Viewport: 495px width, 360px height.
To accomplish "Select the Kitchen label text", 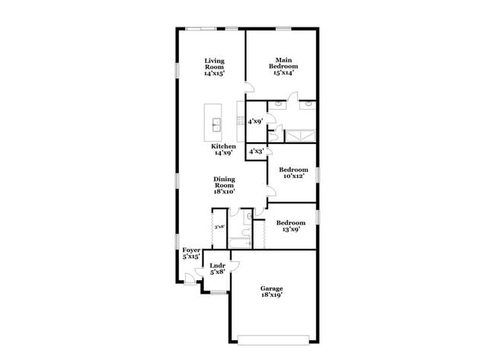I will coord(223,146).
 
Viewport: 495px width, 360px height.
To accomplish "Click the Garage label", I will coord(272,288).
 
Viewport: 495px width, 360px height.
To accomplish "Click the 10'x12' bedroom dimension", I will coord(293,177).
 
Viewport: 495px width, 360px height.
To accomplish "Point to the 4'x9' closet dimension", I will coord(256,121).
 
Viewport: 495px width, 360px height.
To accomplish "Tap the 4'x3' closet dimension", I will coord(256,152).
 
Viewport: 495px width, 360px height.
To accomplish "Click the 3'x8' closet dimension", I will coord(219,226).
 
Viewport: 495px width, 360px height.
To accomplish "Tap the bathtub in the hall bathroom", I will coord(239,243).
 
